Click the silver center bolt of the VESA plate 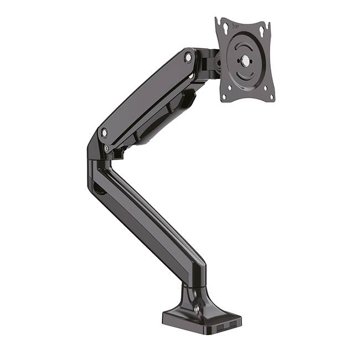(x=243, y=61)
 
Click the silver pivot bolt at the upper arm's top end (x=189, y=57)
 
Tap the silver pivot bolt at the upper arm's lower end (x=104, y=132)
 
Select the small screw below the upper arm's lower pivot (x=107, y=148)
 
